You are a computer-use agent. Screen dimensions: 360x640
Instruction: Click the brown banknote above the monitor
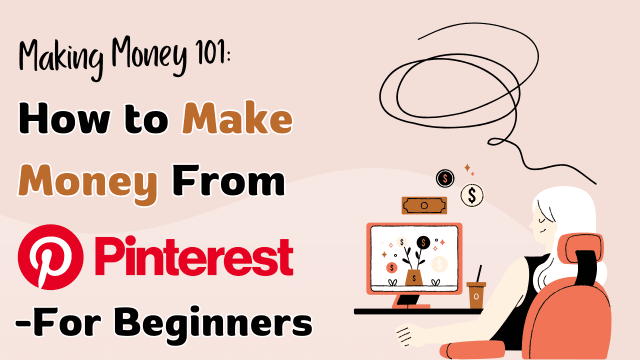click(424, 205)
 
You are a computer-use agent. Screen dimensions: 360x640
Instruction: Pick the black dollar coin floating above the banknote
click(444, 177)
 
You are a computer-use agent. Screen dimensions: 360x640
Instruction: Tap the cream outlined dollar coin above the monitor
click(472, 194)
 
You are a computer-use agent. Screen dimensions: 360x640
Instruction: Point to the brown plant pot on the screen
click(414, 277)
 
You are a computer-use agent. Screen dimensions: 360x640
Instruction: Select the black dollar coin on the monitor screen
click(423, 242)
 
